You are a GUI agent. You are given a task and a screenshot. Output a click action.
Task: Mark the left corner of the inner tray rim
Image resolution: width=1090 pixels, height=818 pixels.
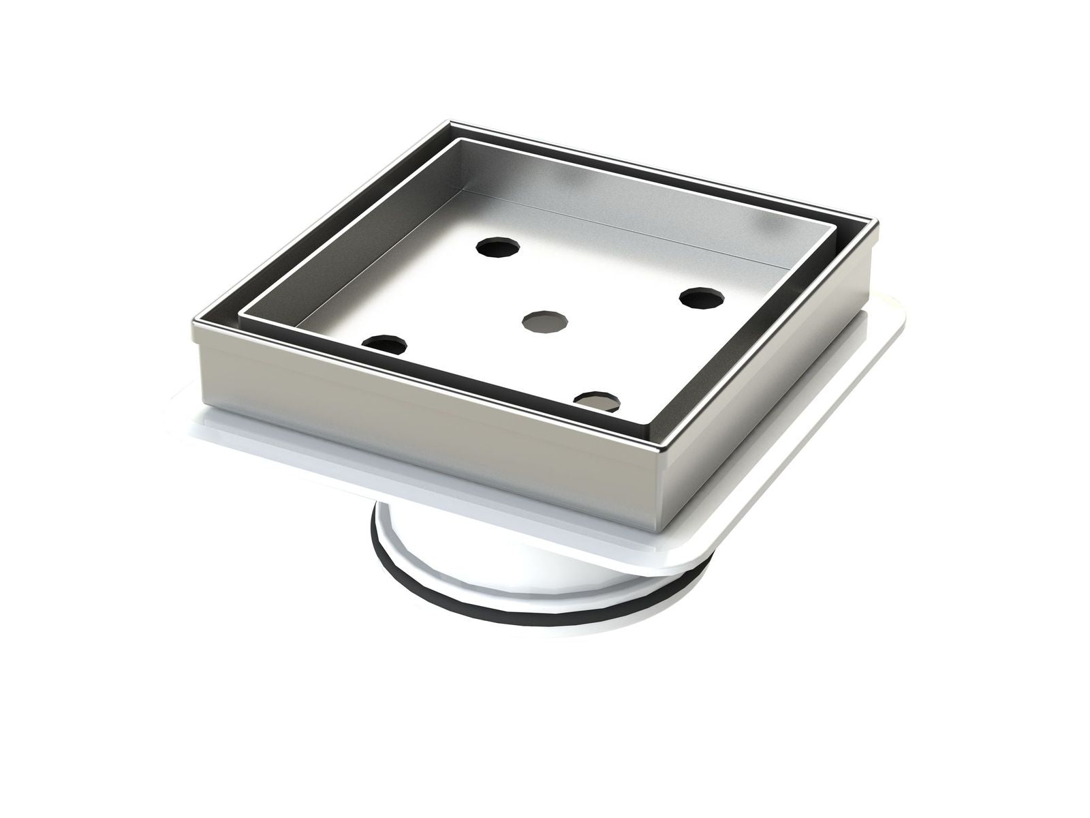pos(243,314)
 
